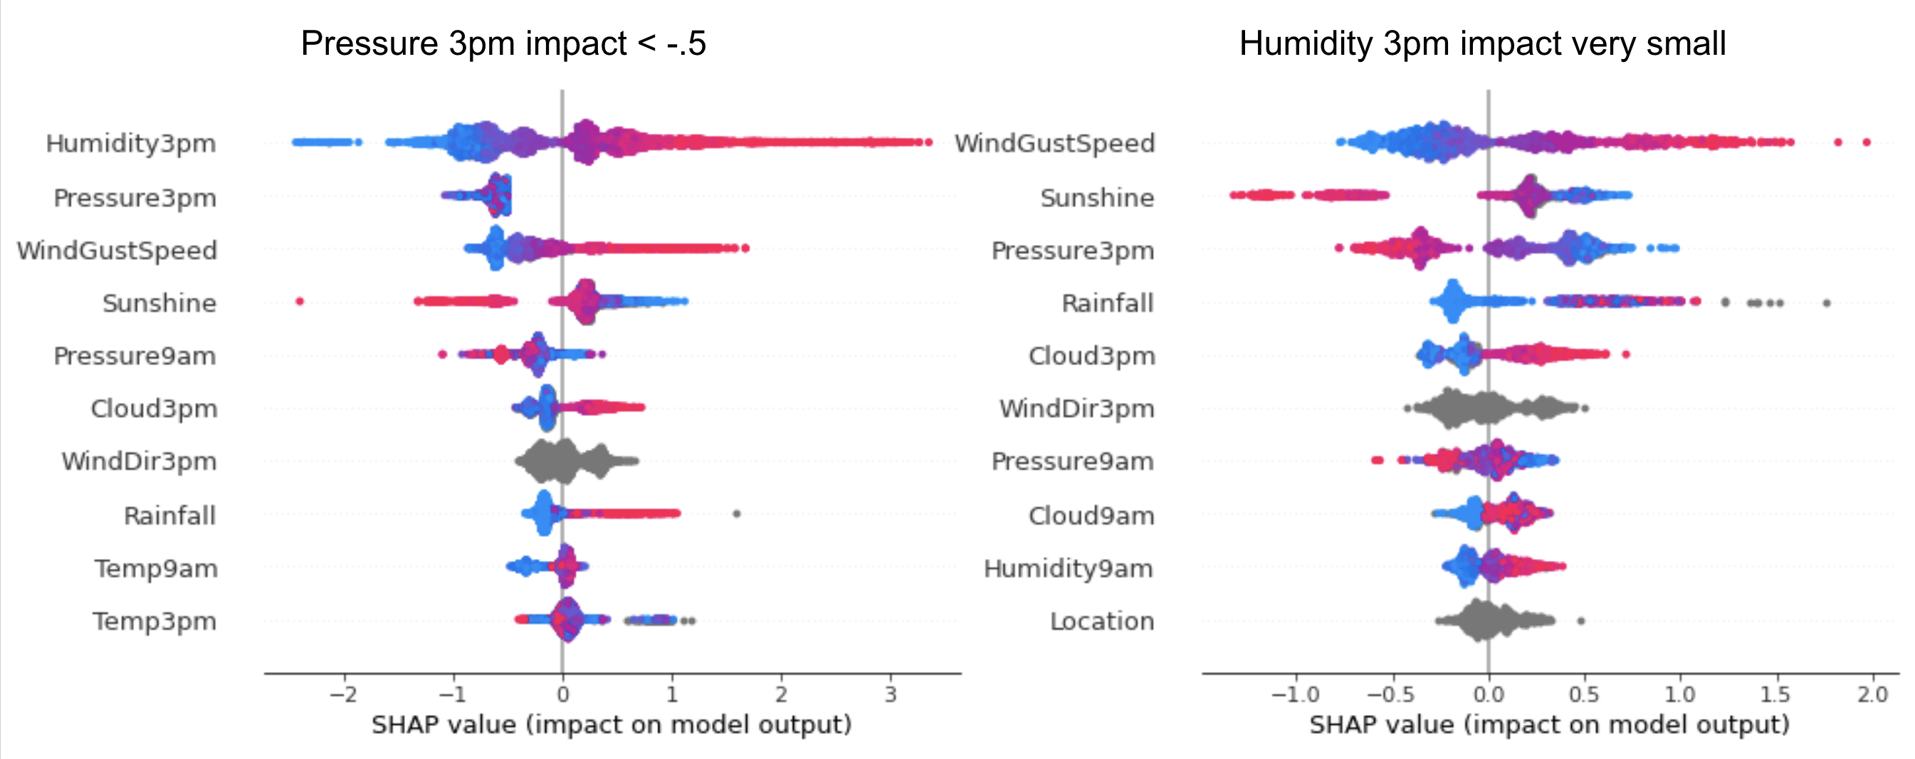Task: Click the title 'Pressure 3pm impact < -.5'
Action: [503, 44]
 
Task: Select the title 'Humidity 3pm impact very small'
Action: [1482, 44]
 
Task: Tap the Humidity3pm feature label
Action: [131, 144]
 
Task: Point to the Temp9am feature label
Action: [156, 569]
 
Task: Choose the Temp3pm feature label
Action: [154, 622]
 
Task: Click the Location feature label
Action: [1102, 622]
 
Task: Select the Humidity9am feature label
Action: [1069, 569]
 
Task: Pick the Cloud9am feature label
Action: [1091, 516]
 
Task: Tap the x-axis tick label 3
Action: [891, 695]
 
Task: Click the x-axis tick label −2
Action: [343, 695]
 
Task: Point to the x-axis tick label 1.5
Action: [1775, 695]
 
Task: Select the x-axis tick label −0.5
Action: [1391, 695]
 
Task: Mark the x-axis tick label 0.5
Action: [1583, 695]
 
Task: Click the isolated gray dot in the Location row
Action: [1580, 621]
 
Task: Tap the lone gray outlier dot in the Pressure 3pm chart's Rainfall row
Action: [736, 513]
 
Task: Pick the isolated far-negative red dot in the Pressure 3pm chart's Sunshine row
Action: [300, 301]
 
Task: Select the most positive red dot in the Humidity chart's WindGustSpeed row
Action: [1866, 142]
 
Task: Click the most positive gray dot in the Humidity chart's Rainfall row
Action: [1827, 303]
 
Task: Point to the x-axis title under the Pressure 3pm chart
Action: [611, 725]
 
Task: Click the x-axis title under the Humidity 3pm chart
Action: [1548, 725]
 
